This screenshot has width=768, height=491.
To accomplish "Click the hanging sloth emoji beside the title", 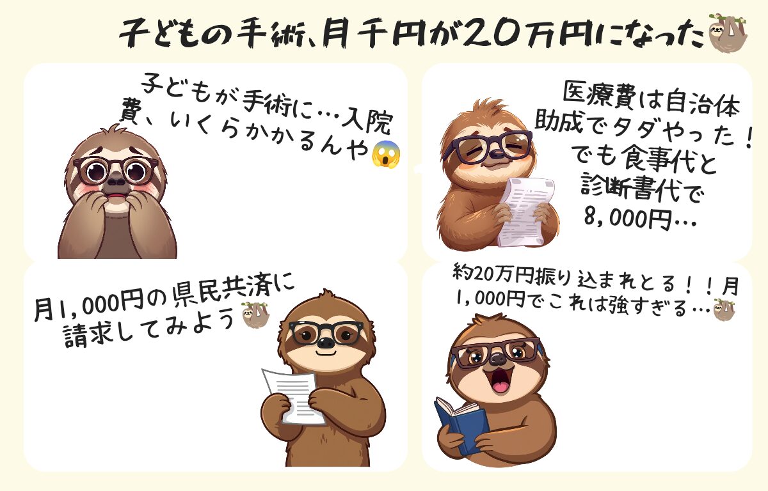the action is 727,33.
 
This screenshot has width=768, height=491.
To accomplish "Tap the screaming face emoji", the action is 386,155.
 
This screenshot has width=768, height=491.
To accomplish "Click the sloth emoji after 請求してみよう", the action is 256,315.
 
